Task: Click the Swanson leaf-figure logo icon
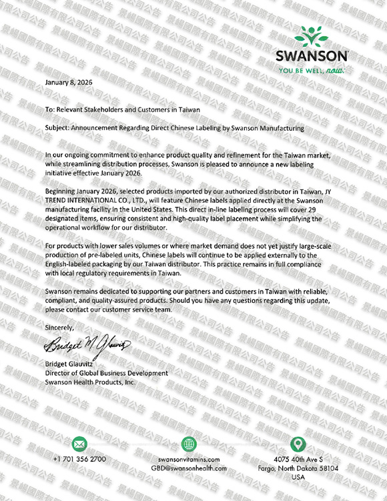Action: (312, 36)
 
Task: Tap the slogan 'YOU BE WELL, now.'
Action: (312, 69)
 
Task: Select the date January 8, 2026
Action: (68, 82)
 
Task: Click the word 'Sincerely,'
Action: (60, 328)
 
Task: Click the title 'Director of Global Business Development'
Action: (106, 374)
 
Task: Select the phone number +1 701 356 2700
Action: (79, 460)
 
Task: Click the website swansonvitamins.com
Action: (189, 460)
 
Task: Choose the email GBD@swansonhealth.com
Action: (189, 468)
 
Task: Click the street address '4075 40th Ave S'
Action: (298, 460)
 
